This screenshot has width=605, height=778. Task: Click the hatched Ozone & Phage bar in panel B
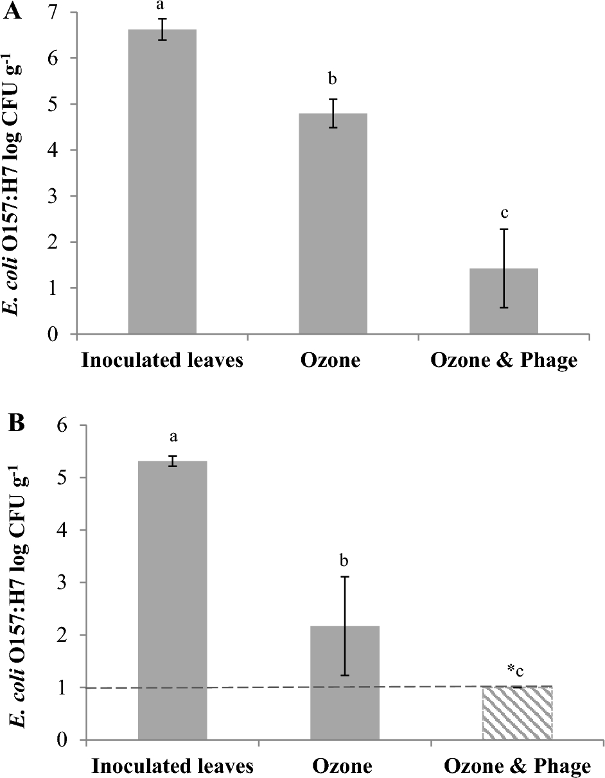click(516, 713)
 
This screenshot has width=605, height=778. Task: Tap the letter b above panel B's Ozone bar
click(344, 561)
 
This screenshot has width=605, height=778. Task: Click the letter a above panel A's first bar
click(162, 5)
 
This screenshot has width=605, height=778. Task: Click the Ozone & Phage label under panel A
click(504, 360)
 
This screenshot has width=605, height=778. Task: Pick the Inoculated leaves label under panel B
click(172, 766)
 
